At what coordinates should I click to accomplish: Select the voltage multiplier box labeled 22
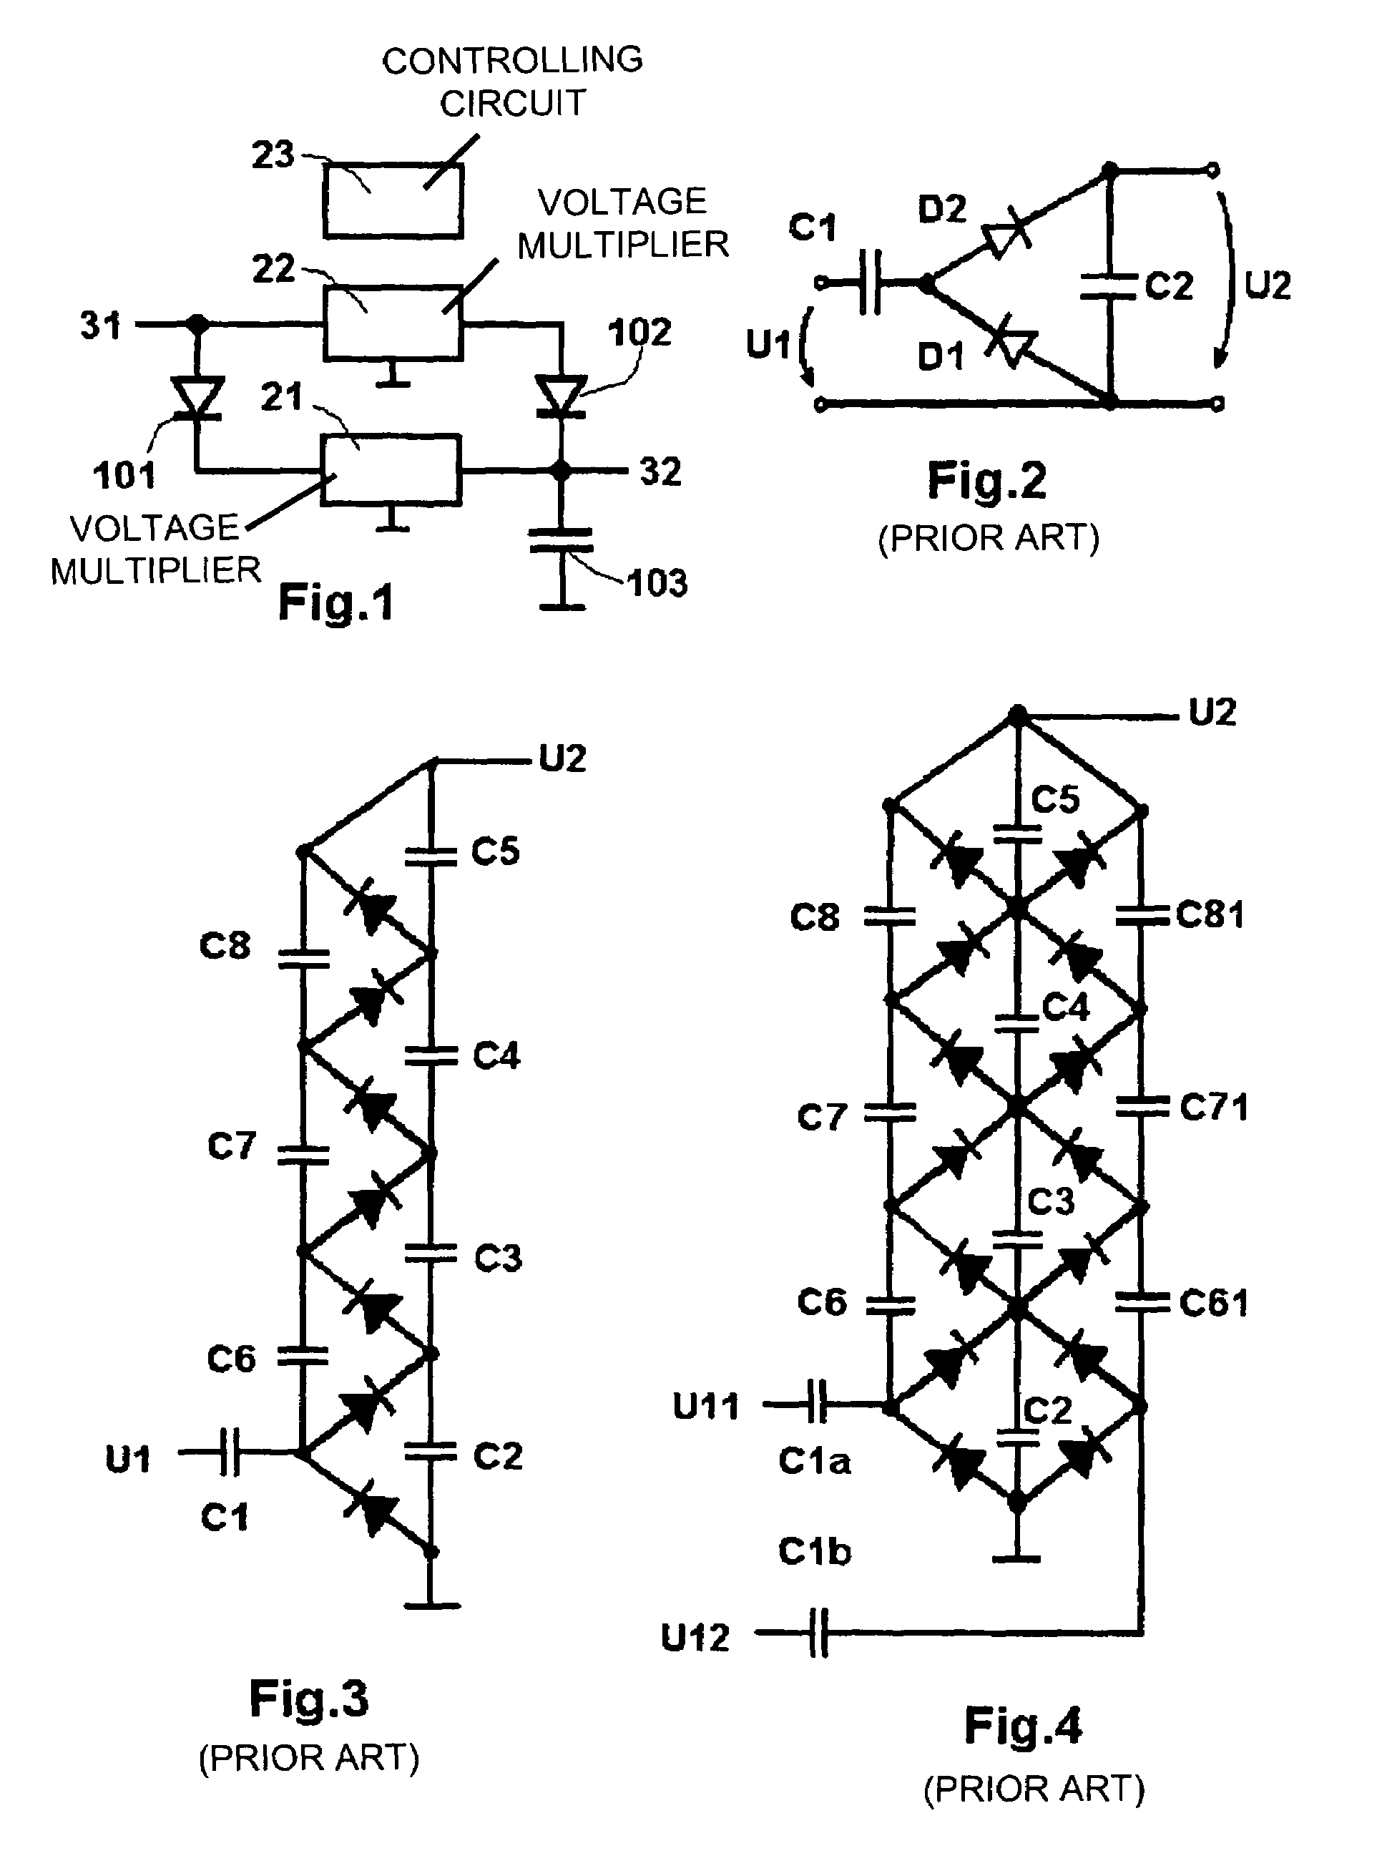click(393, 323)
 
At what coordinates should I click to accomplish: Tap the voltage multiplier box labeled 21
click(391, 469)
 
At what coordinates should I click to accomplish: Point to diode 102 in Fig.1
click(561, 396)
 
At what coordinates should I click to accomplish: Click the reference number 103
click(657, 583)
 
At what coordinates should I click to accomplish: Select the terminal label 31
click(101, 325)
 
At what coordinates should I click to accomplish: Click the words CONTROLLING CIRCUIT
click(512, 82)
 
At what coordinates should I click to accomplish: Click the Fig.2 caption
click(987, 482)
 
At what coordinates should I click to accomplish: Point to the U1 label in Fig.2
click(768, 343)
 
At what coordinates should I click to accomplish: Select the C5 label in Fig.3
click(495, 851)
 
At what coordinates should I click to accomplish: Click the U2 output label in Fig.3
click(562, 758)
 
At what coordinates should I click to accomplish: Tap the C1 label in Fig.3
click(224, 1517)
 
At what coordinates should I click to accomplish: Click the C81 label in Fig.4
click(1210, 914)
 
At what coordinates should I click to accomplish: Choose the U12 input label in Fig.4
click(695, 1638)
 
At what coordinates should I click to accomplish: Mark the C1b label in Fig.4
click(815, 1552)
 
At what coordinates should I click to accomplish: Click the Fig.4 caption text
click(1023, 1726)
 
